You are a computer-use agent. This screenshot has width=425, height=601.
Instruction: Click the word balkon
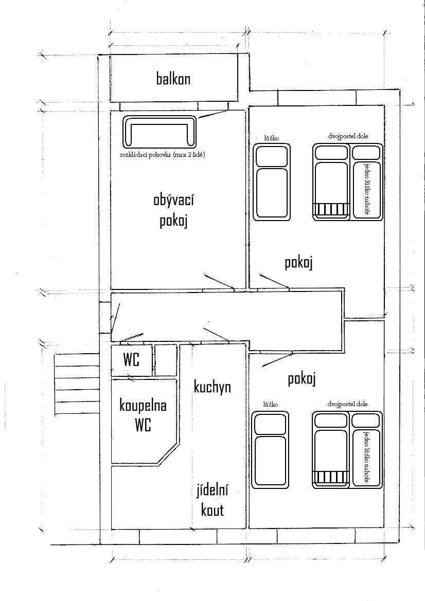click(173, 79)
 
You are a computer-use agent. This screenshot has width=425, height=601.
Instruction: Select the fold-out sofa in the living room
click(160, 131)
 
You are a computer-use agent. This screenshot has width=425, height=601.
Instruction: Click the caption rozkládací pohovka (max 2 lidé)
click(163, 155)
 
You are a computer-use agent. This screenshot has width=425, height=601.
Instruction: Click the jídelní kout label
click(213, 500)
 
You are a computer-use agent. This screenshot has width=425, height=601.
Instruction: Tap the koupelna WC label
click(143, 415)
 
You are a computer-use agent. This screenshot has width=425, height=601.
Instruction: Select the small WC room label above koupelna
click(131, 360)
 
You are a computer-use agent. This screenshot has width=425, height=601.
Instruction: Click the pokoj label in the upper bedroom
click(299, 263)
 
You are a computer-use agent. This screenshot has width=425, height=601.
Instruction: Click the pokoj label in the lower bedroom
click(302, 379)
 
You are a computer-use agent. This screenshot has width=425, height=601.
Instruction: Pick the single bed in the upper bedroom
click(272, 182)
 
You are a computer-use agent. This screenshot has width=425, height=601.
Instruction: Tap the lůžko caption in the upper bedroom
click(271, 138)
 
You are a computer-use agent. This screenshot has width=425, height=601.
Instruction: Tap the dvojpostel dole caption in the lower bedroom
click(347, 404)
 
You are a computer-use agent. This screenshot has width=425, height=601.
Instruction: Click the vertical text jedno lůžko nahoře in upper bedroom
click(367, 189)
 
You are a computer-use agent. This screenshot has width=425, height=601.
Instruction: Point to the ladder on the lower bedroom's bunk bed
click(332, 477)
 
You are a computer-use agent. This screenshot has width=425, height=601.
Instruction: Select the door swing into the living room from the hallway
click(218, 282)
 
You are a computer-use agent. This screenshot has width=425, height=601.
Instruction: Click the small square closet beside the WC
click(166, 360)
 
